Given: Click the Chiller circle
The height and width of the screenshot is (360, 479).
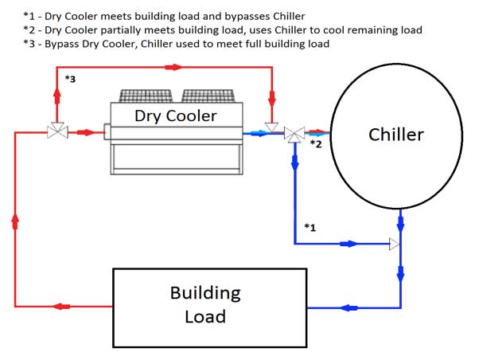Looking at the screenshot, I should click(x=395, y=134).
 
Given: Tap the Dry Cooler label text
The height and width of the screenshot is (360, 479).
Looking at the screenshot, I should click(x=175, y=116).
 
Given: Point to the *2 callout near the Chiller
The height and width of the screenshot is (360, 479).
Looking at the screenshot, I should click(x=315, y=144).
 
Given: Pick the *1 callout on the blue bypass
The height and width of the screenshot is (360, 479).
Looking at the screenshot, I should click(x=310, y=228).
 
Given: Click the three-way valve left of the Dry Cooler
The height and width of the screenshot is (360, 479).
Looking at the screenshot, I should click(x=57, y=132).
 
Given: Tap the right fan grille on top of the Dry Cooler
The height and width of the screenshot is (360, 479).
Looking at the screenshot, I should click(x=208, y=96).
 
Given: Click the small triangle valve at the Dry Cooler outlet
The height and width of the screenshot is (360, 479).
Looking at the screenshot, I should click(x=271, y=127).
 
